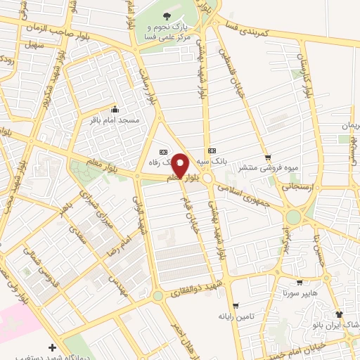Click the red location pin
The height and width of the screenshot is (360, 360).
180,165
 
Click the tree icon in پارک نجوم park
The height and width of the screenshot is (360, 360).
167,15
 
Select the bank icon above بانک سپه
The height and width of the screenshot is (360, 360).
212,151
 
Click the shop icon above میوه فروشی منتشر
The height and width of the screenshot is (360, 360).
267,157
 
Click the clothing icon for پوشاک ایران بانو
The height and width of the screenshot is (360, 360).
339,314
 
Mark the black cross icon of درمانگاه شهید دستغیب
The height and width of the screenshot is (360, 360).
53,347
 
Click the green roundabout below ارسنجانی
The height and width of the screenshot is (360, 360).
292,217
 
